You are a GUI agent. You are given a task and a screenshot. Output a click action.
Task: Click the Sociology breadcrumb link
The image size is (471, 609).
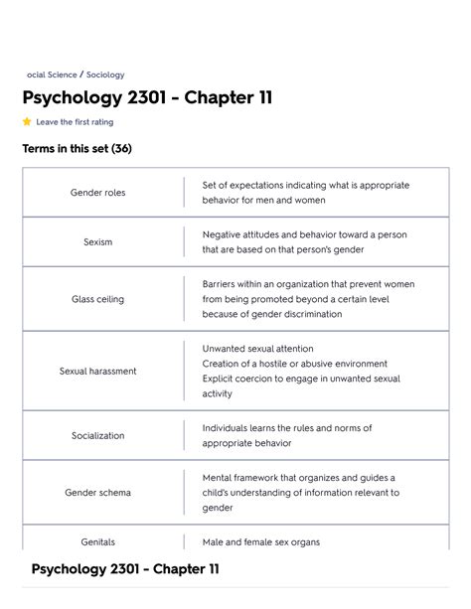[x=105, y=75]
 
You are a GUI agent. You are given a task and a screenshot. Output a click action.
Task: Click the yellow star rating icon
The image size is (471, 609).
[x=27, y=122]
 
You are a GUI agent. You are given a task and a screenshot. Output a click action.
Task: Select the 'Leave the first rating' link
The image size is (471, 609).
[x=75, y=122]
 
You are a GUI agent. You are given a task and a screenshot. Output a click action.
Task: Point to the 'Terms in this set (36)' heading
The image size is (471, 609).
[x=77, y=149]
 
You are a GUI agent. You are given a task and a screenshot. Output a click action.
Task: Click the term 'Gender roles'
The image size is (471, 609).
[x=97, y=193]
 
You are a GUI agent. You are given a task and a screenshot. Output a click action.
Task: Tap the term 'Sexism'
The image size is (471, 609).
[x=97, y=242]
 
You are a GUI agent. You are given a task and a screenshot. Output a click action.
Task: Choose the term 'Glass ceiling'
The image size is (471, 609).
[x=97, y=299]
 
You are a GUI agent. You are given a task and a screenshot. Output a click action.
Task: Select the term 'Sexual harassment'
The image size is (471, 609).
[x=97, y=372]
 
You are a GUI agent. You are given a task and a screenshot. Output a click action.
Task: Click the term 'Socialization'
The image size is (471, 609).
[x=97, y=436]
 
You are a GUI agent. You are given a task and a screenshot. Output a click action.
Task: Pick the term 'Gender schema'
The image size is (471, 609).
[x=97, y=493]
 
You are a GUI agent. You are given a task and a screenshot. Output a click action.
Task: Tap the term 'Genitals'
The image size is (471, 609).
[x=97, y=542]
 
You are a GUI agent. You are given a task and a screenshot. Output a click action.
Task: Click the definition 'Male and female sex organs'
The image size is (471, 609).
[x=261, y=542]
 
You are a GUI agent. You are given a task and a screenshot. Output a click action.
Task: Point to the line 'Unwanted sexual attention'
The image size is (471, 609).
[x=257, y=349]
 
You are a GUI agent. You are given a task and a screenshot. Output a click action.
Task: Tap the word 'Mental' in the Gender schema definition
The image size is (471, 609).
[x=219, y=478]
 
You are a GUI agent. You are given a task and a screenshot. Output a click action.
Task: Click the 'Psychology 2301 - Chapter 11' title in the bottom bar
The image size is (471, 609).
[x=125, y=569]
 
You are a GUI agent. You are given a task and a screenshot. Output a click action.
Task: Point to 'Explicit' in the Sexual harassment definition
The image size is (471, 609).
[x=220, y=379]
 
